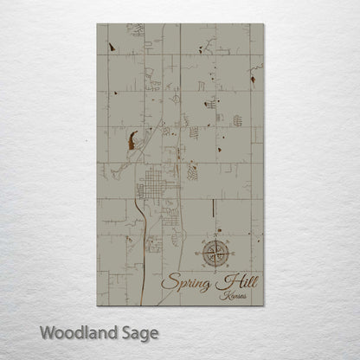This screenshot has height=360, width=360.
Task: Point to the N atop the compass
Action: pos(212,236)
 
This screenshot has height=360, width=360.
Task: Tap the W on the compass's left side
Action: pos(196,253)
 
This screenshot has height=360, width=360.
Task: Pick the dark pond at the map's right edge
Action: pos(252,79)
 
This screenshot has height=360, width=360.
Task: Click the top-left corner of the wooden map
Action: pos(98,24)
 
